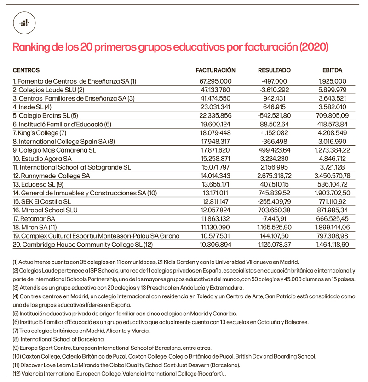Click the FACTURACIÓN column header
215,70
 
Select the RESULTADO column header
274,70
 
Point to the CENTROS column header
26,70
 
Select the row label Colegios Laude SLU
48,90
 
